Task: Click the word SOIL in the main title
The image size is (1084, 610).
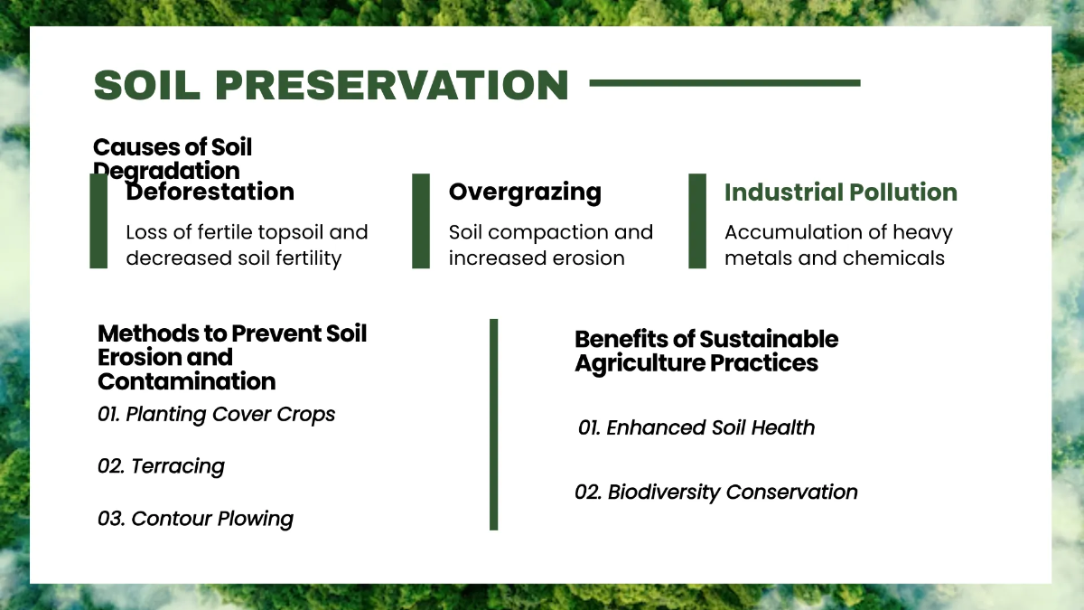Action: pyautogui.click(x=146, y=85)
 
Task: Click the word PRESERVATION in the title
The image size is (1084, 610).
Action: pyautogui.click(x=392, y=85)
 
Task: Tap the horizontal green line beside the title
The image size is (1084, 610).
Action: pyautogui.click(x=724, y=83)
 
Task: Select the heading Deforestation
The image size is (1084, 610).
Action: pyautogui.click(x=210, y=192)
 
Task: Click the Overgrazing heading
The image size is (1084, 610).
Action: pyautogui.click(x=525, y=192)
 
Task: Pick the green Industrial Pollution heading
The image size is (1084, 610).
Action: pyautogui.click(x=841, y=192)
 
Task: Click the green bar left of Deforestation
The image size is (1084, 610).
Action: pyautogui.click(x=98, y=221)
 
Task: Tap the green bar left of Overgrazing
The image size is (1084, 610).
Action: pyautogui.click(x=421, y=221)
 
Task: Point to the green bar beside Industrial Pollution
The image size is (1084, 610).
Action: pyautogui.click(x=697, y=221)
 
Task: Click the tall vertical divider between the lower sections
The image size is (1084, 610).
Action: pyautogui.click(x=493, y=425)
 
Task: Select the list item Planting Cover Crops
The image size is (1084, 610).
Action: pyautogui.click(x=216, y=415)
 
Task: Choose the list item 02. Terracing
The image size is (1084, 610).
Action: pyautogui.click(x=161, y=466)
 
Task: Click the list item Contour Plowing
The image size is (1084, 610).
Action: pyautogui.click(x=195, y=519)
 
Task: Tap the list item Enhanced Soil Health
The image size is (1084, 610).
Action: pyautogui.click(x=696, y=428)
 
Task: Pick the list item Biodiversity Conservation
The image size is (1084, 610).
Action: pyautogui.click(x=716, y=493)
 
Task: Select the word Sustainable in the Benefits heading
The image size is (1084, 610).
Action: pyautogui.click(x=769, y=339)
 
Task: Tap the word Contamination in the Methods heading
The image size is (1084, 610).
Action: pyautogui.click(x=186, y=381)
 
